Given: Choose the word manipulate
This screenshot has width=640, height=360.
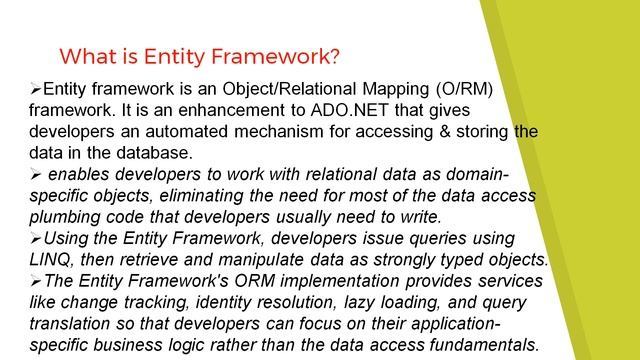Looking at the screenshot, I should pos(265,259).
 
